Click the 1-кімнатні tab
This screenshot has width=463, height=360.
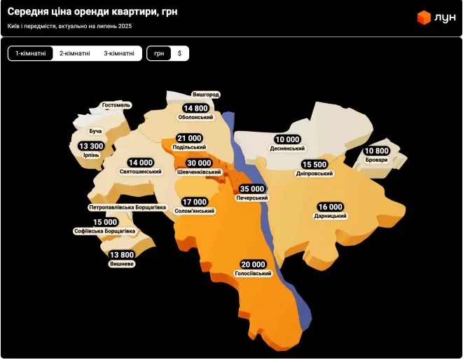[x=31, y=53]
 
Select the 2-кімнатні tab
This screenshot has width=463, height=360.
[x=74, y=53]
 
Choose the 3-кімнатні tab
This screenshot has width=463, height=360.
[x=119, y=53]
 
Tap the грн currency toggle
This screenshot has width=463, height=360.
[x=159, y=53]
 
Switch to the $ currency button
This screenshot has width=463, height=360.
[x=179, y=53]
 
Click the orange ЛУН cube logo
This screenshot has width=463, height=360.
[x=423, y=17]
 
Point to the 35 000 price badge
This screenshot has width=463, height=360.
[x=252, y=189]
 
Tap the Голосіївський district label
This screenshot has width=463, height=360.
[x=254, y=273]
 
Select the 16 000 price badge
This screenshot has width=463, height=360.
[x=331, y=207]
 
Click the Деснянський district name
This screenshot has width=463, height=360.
[x=287, y=148]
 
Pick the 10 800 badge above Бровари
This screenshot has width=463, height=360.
[x=376, y=151]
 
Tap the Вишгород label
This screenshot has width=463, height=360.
[x=206, y=95]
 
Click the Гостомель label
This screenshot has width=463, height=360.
[x=116, y=105]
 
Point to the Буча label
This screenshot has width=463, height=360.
[x=95, y=131]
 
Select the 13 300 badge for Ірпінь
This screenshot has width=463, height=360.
[x=91, y=146]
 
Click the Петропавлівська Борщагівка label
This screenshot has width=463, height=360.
[x=127, y=208]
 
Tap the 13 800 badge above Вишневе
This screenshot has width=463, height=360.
[x=122, y=255]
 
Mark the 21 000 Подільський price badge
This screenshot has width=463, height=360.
[x=189, y=138]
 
